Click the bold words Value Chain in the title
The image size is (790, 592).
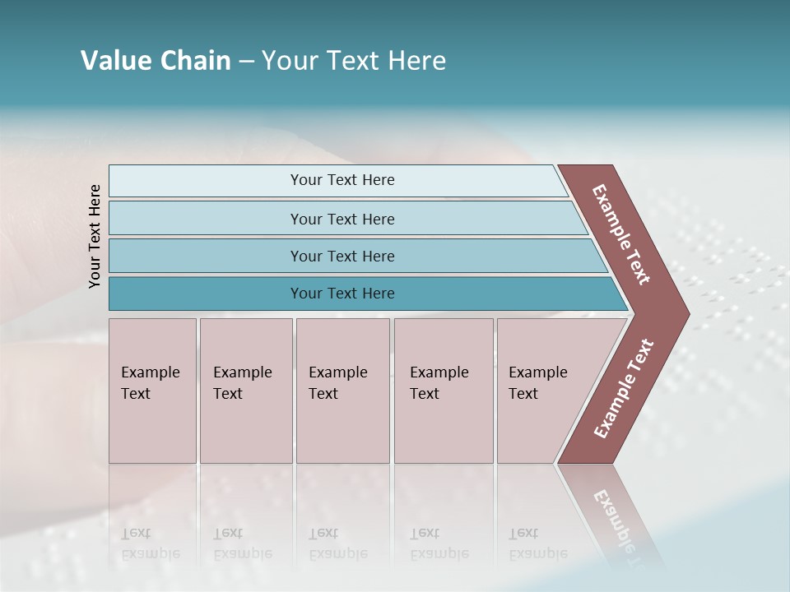pyautogui.click(x=156, y=61)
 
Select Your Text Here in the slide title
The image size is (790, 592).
pyautogui.click(x=354, y=61)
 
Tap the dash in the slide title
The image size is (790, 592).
pyautogui.click(x=246, y=62)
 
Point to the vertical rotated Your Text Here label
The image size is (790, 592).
pyautogui.click(x=95, y=236)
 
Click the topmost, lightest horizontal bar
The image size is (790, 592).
pyautogui.click(x=337, y=180)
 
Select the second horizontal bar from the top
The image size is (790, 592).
pyautogui.click(x=346, y=219)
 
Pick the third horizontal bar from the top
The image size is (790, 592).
pyautogui.click(x=354, y=256)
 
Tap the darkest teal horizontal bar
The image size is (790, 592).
pyautogui.click(x=362, y=294)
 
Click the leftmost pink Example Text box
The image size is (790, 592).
pyautogui.click(x=152, y=391)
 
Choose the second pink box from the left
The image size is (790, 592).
pyautogui.click(x=246, y=391)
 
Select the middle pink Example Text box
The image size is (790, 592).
pyautogui.click(x=342, y=391)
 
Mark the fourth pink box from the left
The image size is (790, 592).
pyautogui.click(x=444, y=391)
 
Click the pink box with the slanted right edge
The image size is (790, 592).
pyautogui.click(x=543, y=391)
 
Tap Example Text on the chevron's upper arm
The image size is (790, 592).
pyautogui.click(x=621, y=234)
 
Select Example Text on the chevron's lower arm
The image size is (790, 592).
pyautogui.click(x=623, y=389)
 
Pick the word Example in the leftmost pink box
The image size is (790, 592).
pyautogui.click(x=151, y=372)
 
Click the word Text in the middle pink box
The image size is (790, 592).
pyautogui.click(x=323, y=394)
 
